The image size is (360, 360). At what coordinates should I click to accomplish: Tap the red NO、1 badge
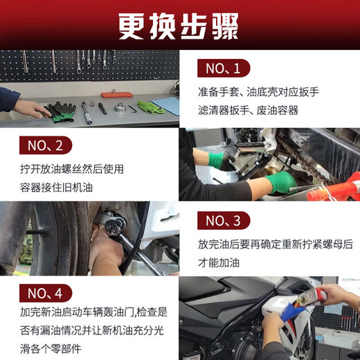coord(223,68)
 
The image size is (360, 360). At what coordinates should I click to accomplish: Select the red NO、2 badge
coord(44,145)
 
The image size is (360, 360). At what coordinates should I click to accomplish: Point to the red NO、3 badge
coord(223,221)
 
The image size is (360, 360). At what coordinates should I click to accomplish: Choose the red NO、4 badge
coord(44,291)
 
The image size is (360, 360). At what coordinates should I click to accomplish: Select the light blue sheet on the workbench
coord(165,105)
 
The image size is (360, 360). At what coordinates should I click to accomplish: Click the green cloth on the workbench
coord(150,107)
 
